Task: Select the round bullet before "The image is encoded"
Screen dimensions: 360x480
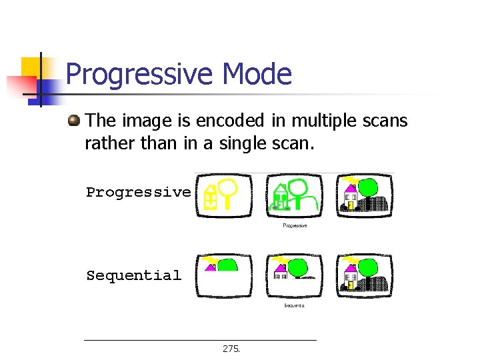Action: pyautogui.click(x=74, y=121)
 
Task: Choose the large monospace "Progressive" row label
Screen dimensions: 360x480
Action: pyautogui.click(x=138, y=193)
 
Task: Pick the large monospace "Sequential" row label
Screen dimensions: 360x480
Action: pyautogui.click(x=133, y=275)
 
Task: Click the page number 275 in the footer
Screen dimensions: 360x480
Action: pyautogui.click(x=231, y=349)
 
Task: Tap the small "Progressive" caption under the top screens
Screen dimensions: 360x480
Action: pyautogui.click(x=295, y=226)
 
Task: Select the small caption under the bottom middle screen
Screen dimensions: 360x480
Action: pyautogui.click(x=294, y=305)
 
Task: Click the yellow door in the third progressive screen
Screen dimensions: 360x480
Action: pyautogui.click(x=349, y=205)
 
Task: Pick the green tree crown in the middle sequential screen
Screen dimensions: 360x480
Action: pyautogui.click(x=299, y=267)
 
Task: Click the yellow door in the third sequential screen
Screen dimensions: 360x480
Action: pyautogui.click(x=349, y=286)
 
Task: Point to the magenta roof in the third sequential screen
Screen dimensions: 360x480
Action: pyautogui.click(x=349, y=269)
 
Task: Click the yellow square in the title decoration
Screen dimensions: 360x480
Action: pyautogui.click(x=31, y=67)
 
